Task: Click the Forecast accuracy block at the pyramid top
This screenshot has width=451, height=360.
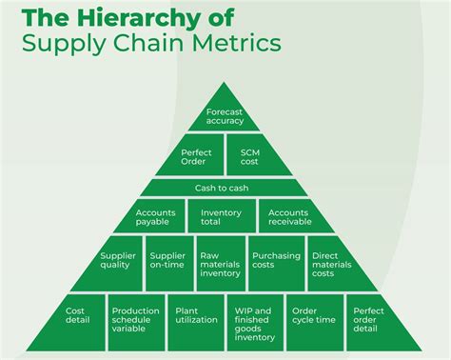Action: click(x=225, y=115)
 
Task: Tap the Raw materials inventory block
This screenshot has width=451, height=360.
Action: click(x=220, y=264)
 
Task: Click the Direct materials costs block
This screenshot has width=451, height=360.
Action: click(x=330, y=264)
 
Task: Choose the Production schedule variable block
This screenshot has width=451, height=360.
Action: click(x=136, y=320)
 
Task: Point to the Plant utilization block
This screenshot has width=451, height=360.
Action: click(x=195, y=315)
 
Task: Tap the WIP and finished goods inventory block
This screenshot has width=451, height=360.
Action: click(x=253, y=323)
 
